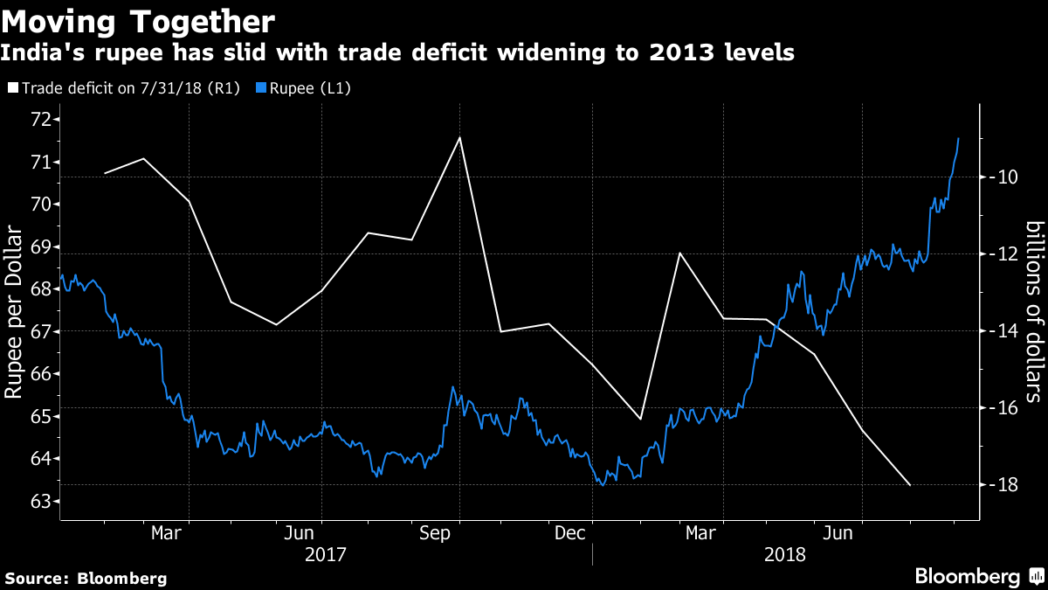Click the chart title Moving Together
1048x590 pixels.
point(141,22)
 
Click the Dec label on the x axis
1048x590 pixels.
point(569,532)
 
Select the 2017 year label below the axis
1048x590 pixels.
point(325,554)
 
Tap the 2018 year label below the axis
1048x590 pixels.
point(785,554)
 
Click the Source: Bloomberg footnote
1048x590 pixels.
point(86,578)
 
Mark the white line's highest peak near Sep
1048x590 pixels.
point(459,137)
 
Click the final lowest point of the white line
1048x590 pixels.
point(911,485)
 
